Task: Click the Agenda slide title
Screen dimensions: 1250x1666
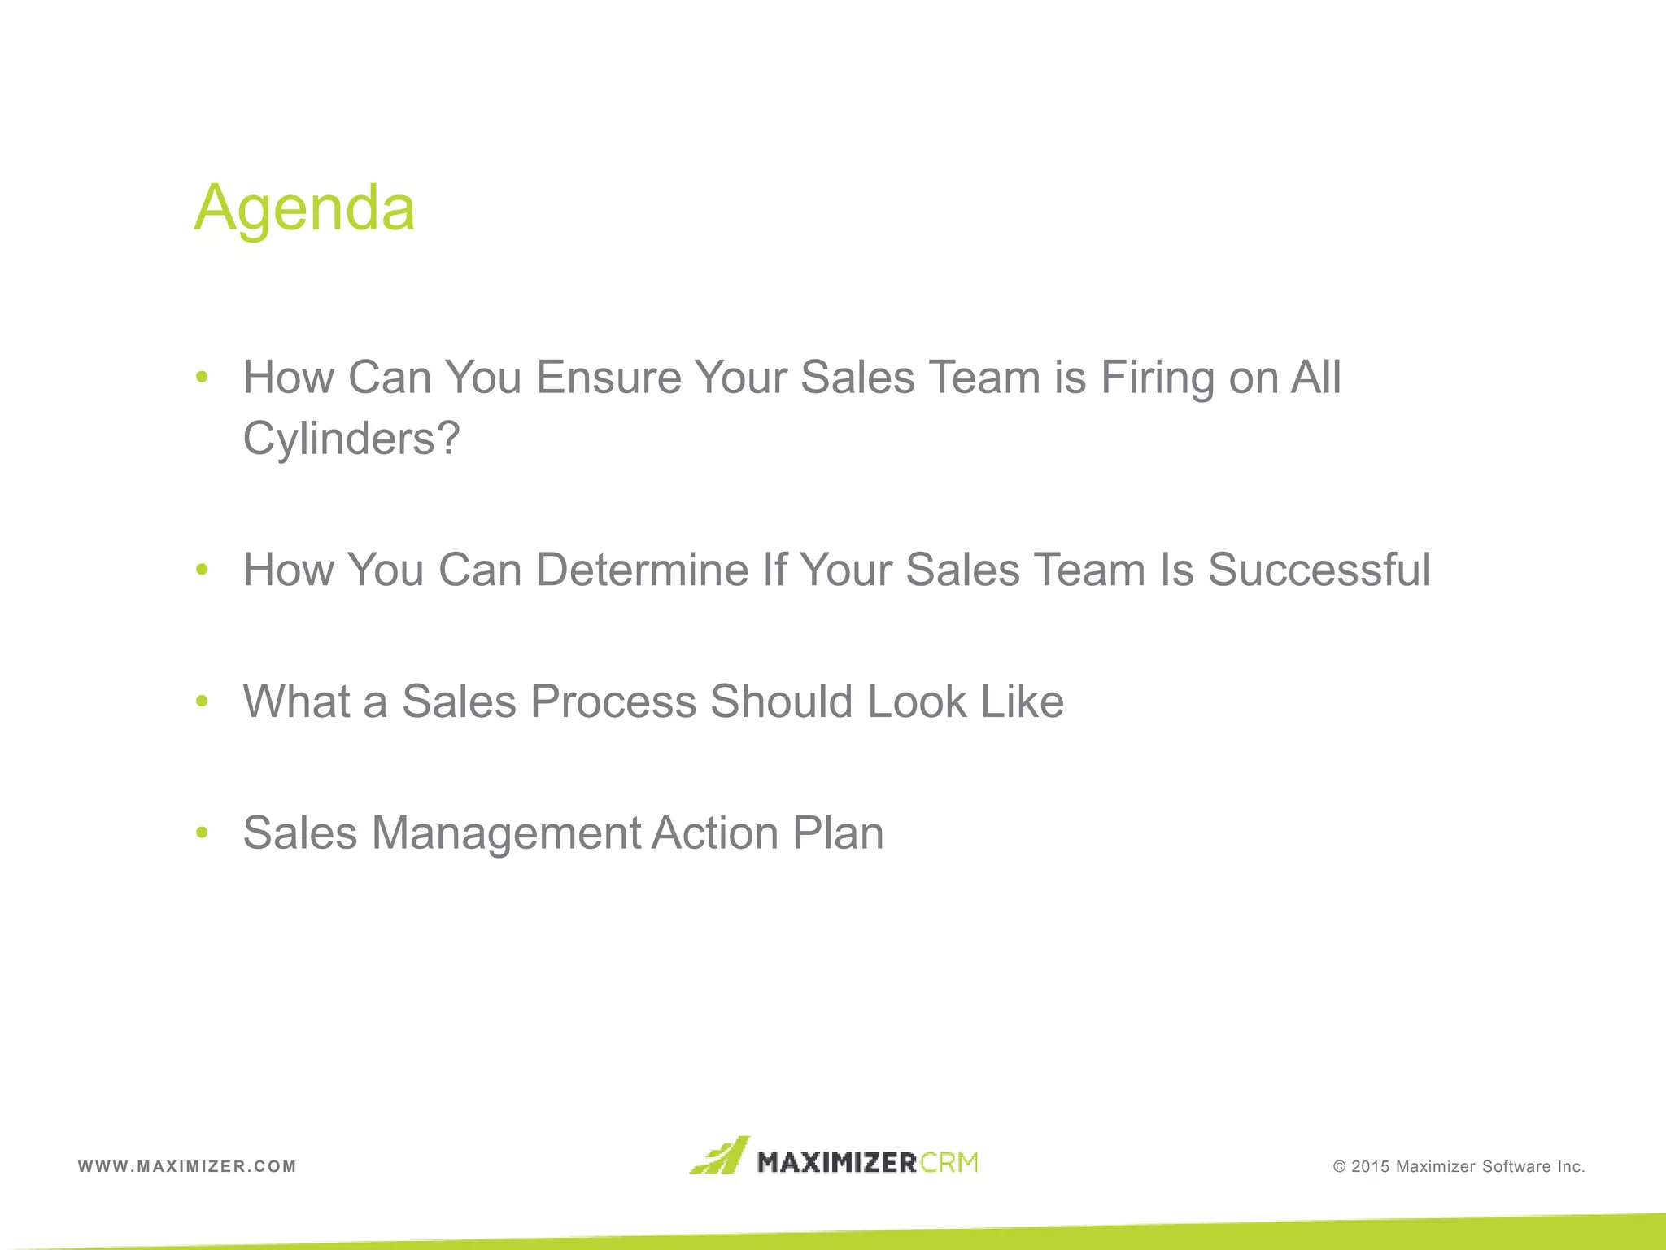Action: pos(304,208)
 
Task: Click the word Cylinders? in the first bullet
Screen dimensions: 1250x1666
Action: pos(351,439)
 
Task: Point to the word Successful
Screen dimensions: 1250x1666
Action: pos(1319,570)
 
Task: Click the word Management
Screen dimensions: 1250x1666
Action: pos(507,833)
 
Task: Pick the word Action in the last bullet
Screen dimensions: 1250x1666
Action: pos(715,833)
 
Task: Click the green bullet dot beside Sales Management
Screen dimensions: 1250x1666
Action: pos(203,833)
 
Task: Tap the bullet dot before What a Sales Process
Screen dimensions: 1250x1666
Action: pos(203,701)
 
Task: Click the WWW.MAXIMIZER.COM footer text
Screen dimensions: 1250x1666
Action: pos(187,1166)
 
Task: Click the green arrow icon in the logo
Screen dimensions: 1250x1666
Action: pos(719,1156)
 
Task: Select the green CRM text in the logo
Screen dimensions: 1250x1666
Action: pos(949,1162)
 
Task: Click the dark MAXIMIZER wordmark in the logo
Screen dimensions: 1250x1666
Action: pos(837,1162)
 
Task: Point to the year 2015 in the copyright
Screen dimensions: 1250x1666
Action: pos(1371,1167)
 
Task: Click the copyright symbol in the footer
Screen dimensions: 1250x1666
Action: pos(1340,1167)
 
